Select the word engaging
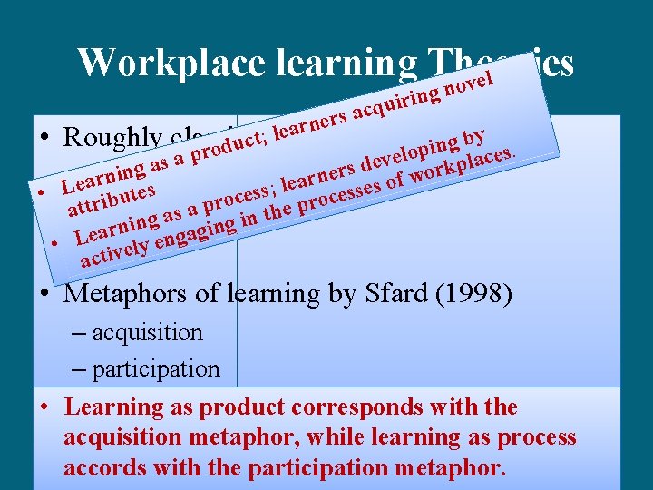192,235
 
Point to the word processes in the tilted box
349,193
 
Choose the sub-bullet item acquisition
148,333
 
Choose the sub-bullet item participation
156,369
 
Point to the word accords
102,469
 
